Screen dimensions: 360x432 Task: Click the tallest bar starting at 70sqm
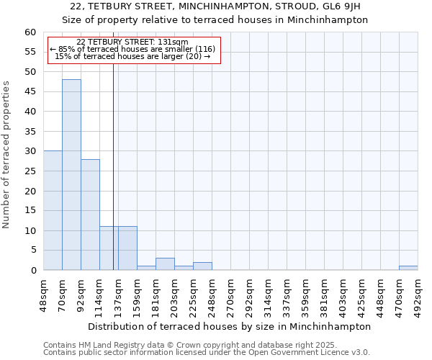71,175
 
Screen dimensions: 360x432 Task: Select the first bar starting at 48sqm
53,210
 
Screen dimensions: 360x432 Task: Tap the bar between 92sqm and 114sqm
90,215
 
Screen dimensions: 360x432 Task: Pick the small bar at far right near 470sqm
408,268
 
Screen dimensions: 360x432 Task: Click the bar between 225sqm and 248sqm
202,266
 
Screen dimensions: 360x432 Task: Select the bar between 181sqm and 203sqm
165,264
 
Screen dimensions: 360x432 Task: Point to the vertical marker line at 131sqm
113,166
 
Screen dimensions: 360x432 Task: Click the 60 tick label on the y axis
30,32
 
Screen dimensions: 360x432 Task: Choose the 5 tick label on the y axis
32,251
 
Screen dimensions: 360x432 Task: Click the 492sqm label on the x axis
418,294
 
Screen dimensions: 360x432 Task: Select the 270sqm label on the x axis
230,294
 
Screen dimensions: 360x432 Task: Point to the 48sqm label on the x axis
43,294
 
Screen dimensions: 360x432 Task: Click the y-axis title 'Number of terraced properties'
6,154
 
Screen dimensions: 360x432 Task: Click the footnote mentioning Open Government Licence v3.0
207,353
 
